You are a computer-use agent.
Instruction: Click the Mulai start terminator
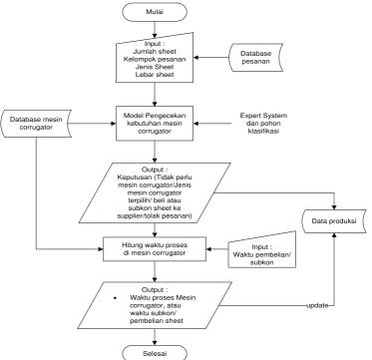click(x=155, y=12)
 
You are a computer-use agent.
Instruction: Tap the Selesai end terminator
click(x=155, y=352)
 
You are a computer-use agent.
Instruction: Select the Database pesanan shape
click(x=256, y=57)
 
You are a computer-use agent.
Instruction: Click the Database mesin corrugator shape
click(x=36, y=123)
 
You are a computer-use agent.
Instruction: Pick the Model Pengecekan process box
click(x=155, y=124)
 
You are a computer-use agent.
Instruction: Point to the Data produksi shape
click(x=334, y=221)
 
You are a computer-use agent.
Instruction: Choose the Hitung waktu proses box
click(x=155, y=249)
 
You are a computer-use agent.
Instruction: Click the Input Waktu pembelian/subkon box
click(x=262, y=250)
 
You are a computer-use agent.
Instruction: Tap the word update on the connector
click(x=317, y=305)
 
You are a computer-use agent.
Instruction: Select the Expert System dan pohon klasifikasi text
click(x=263, y=124)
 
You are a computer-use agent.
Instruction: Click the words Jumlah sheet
click(x=155, y=52)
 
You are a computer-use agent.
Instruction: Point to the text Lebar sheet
click(x=155, y=75)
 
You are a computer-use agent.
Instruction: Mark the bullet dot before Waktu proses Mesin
click(x=115, y=298)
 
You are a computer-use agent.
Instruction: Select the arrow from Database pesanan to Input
click(x=211, y=58)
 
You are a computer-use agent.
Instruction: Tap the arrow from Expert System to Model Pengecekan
click(x=212, y=124)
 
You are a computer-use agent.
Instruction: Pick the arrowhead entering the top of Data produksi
click(x=334, y=206)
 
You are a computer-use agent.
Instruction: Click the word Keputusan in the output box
click(x=131, y=177)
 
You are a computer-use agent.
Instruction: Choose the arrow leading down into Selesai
click(x=155, y=337)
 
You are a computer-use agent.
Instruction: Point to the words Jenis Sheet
click(x=155, y=67)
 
